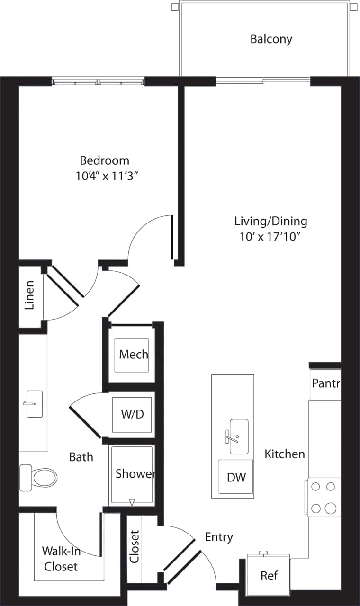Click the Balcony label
tap(271, 39)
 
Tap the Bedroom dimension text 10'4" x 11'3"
tap(109, 176)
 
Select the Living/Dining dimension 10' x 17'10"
tap(270, 237)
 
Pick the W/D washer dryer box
tap(132, 414)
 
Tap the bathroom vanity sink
tap(34, 404)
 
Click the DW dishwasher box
tap(236, 477)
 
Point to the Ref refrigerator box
tap(269, 575)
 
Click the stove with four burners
tap(324, 497)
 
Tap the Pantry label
tap(325, 383)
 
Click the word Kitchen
tap(285, 454)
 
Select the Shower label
tap(135, 473)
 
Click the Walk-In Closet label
tap(60, 558)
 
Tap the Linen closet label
tap(30, 295)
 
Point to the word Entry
tap(219, 537)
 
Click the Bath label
tap(81, 457)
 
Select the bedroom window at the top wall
tap(98, 82)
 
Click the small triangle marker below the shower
tap(132, 502)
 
